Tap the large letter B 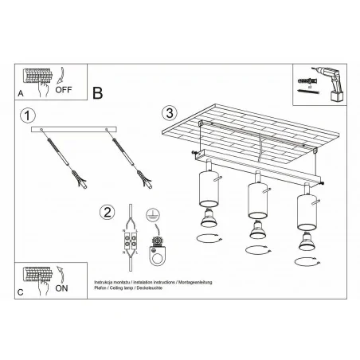point(98,92)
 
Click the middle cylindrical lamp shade point(256,200)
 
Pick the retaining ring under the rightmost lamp point(305,261)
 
